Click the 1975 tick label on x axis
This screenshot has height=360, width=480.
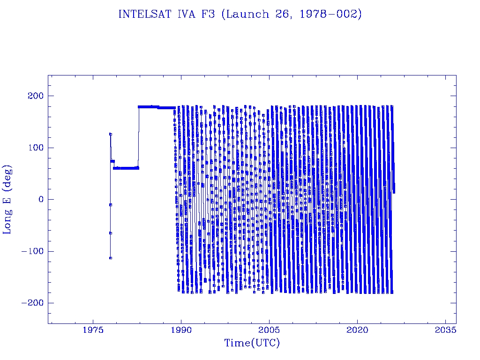(93, 330)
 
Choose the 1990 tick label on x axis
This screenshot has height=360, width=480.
(181, 330)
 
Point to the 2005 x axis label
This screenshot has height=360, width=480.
(269, 330)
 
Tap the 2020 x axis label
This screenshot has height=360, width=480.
(357, 330)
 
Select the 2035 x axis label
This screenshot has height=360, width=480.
(445, 330)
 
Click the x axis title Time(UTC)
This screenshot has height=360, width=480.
(252, 343)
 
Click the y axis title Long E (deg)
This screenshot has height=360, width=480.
(7, 200)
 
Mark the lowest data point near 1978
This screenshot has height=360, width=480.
(110, 258)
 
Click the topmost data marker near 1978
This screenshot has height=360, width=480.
(110, 134)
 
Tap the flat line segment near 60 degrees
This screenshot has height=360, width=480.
(126, 168)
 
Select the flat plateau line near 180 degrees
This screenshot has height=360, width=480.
(155, 107)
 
